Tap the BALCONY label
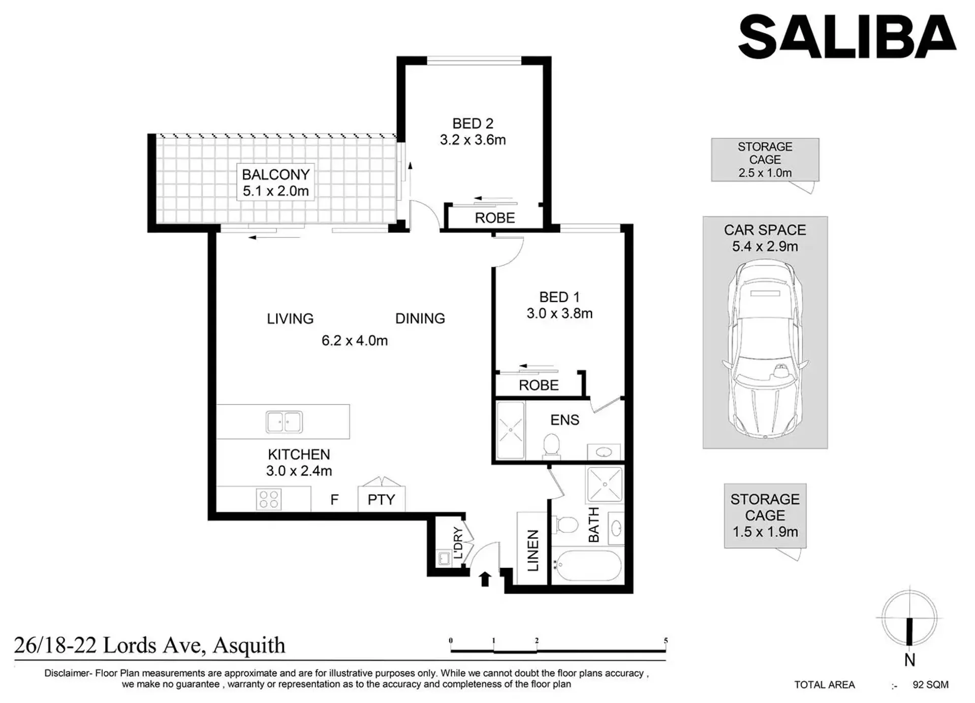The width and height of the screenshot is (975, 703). [x=275, y=174]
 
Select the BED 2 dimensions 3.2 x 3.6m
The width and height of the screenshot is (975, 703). [x=473, y=140]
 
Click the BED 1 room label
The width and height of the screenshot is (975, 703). [x=559, y=297]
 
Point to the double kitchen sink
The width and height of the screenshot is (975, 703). [x=284, y=422]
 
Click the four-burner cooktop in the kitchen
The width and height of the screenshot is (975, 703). [x=268, y=499]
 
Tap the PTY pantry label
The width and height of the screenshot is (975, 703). [x=381, y=500]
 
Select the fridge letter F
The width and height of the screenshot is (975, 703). [x=334, y=500]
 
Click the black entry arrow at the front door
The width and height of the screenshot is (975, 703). [x=485, y=579]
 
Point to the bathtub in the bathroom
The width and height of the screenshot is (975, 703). [x=587, y=564]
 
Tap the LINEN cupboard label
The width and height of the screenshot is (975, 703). [x=532, y=550]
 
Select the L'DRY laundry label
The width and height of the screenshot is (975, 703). [x=458, y=543]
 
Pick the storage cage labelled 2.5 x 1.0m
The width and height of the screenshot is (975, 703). [x=765, y=160]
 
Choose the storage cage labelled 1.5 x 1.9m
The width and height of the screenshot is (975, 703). [x=765, y=515]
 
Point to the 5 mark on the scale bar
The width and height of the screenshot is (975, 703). [x=666, y=641]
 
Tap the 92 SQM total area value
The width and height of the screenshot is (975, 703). [x=930, y=685]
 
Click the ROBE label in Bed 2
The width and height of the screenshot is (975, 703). [x=495, y=218]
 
